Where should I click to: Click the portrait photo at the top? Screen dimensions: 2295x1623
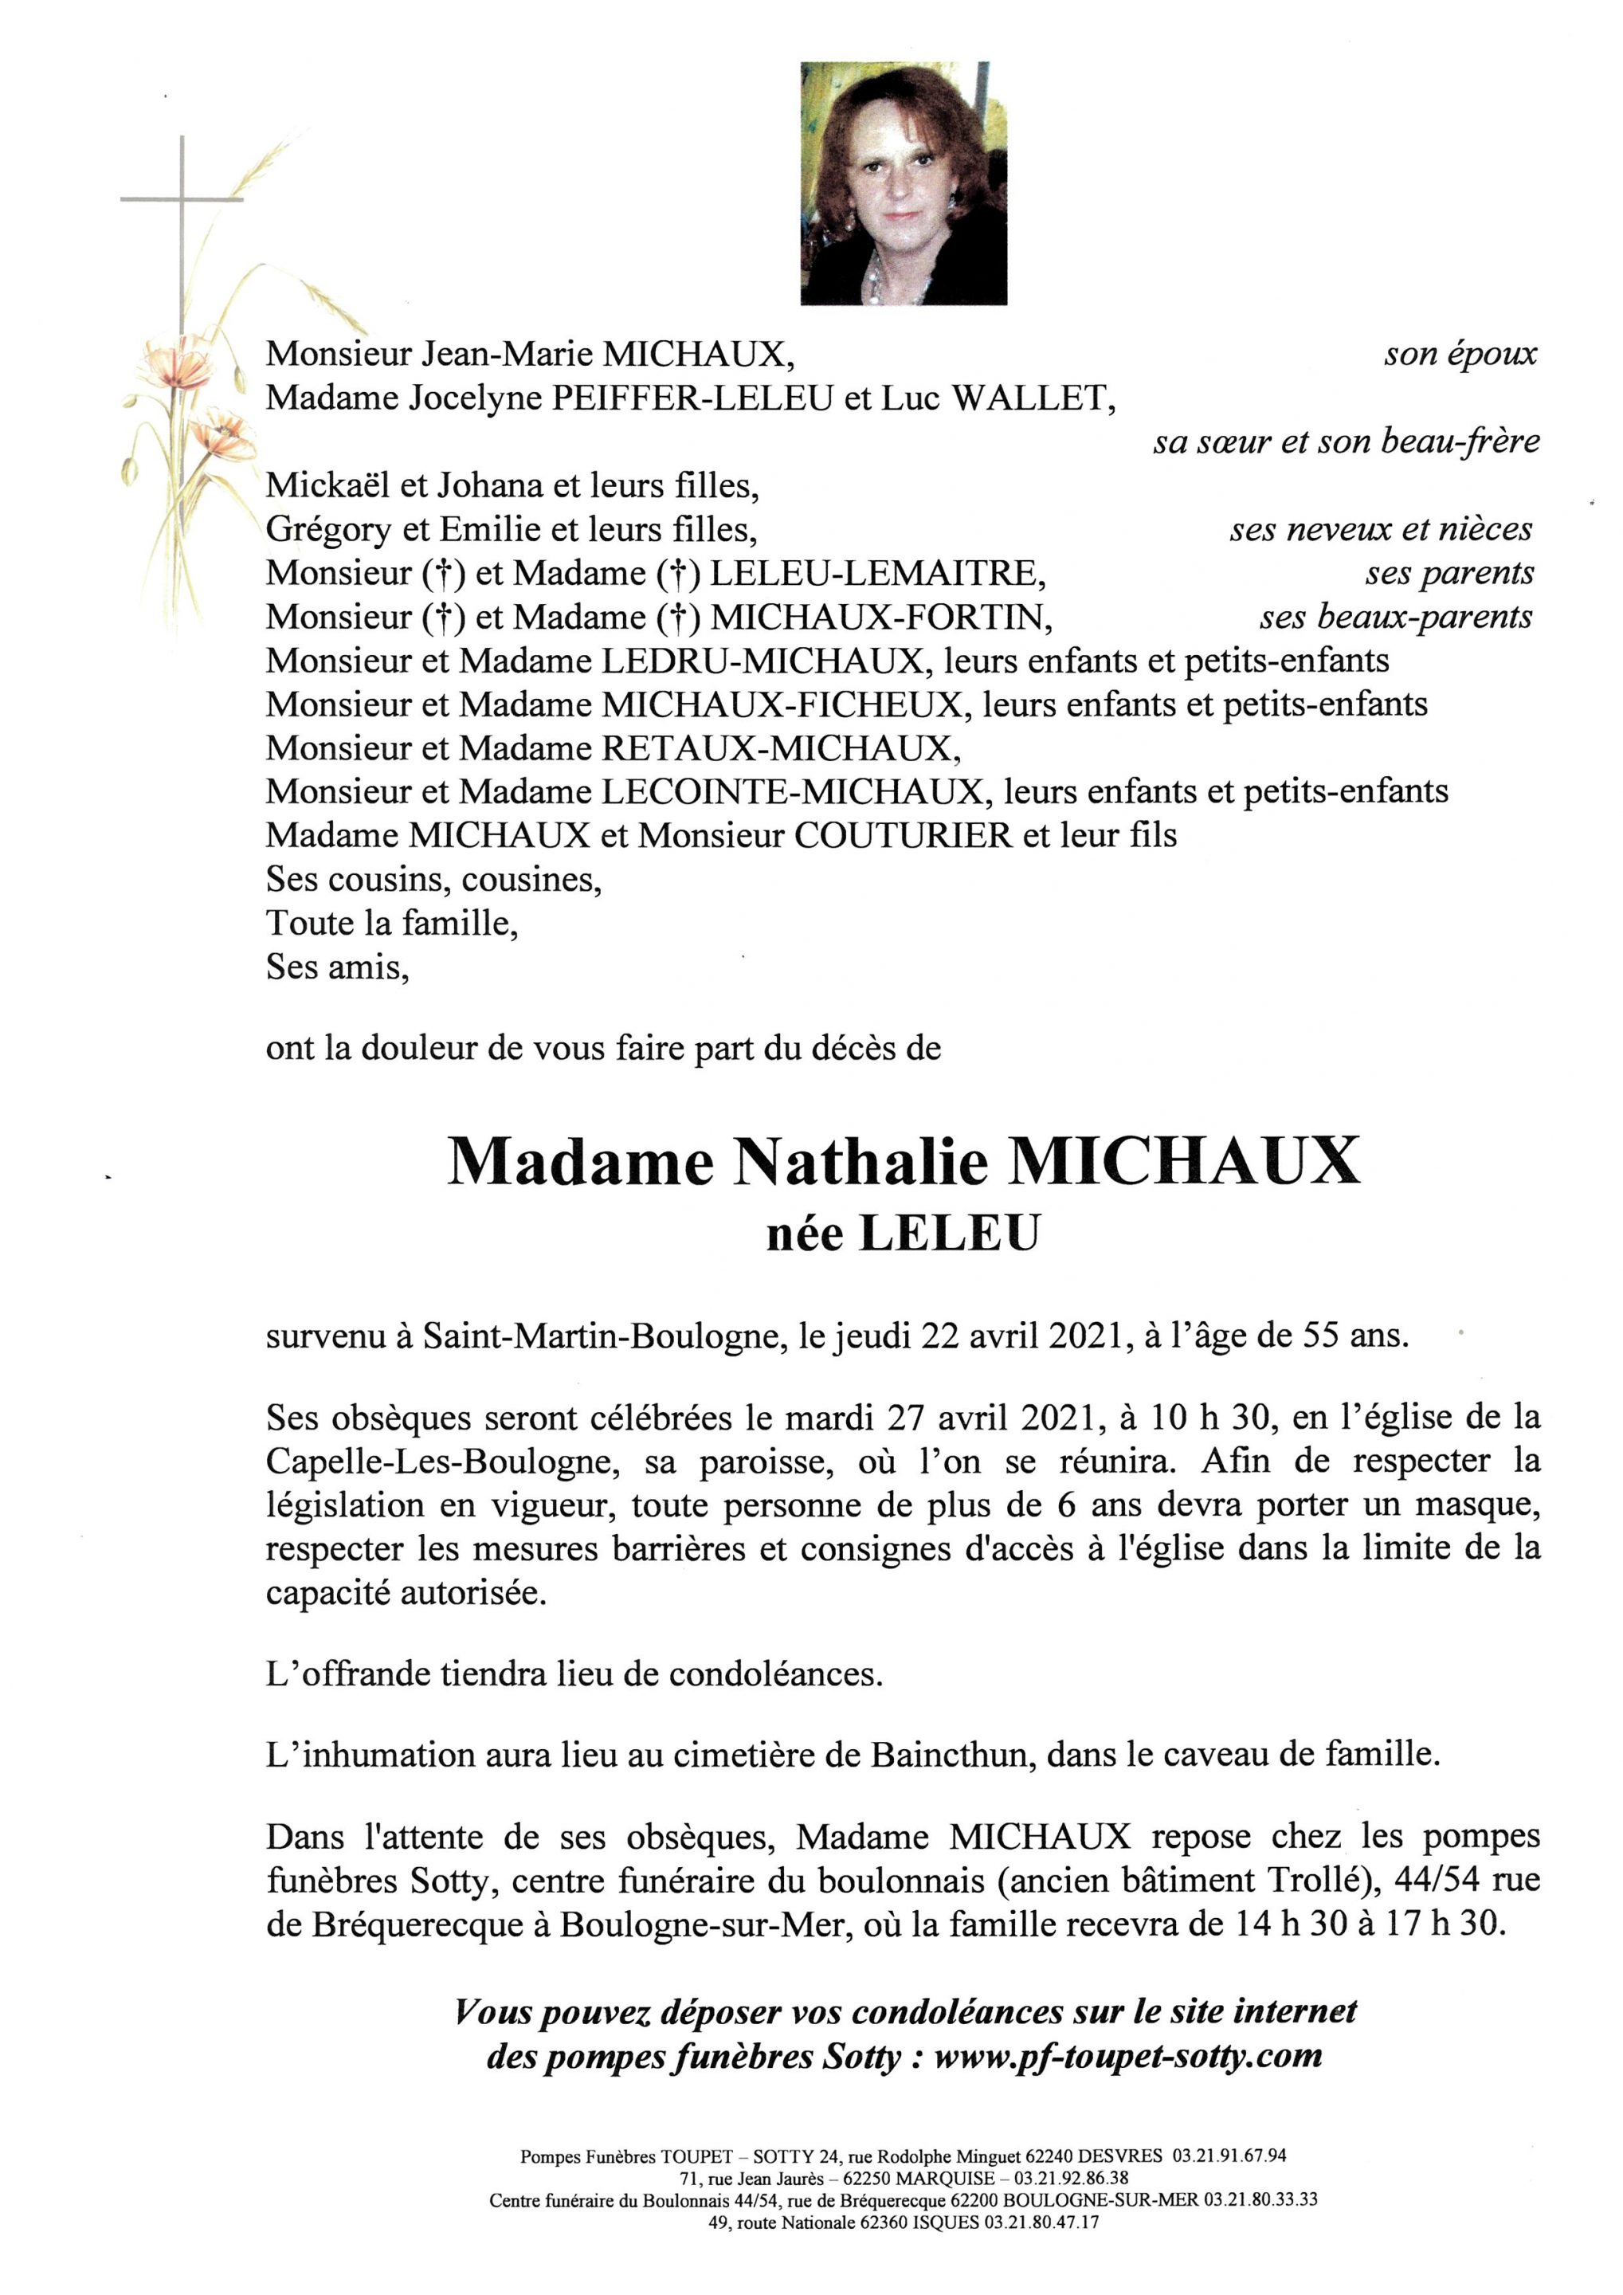(x=904, y=183)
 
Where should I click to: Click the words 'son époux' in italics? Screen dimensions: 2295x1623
(x=1460, y=354)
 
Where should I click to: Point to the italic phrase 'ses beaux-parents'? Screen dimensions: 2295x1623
(x=1395, y=617)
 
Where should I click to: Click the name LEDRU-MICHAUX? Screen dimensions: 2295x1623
(x=762, y=661)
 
